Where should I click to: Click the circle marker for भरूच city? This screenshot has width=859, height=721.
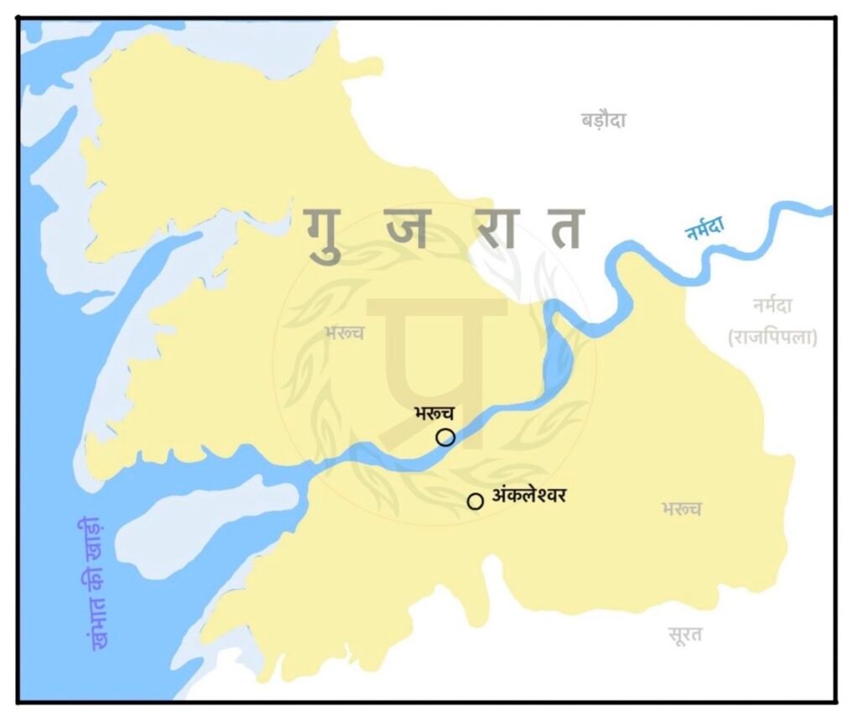(x=445, y=437)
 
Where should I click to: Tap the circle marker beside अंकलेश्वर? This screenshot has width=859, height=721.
(x=475, y=501)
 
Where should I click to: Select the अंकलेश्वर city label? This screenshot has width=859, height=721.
(x=529, y=496)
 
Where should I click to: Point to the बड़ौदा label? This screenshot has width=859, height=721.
(x=603, y=120)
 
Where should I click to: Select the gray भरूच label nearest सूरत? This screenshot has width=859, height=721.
(x=680, y=509)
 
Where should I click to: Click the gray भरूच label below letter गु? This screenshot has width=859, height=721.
(x=344, y=334)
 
